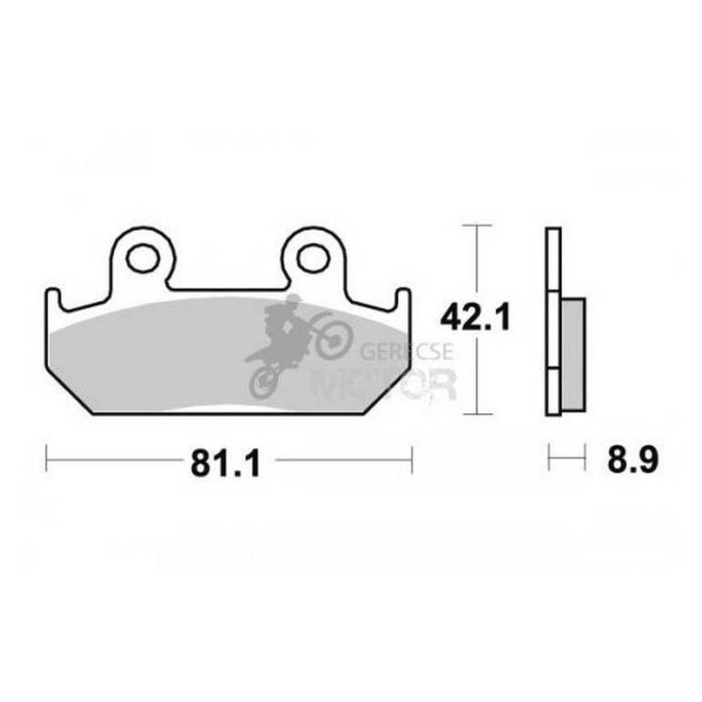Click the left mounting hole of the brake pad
click(x=143, y=259)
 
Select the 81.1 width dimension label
click(x=225, y=463)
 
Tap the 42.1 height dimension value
click(x=475, y=316)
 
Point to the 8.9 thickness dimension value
click(x=633, y=459)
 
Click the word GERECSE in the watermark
click(x=407, y=351)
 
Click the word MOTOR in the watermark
click(x=384, y=384)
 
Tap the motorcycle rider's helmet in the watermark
click(x=294, y=301)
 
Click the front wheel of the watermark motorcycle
click(x=335, y=340)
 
